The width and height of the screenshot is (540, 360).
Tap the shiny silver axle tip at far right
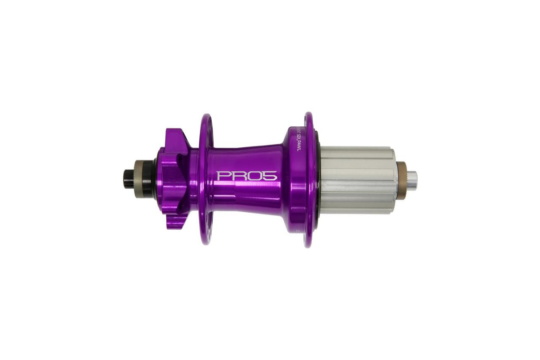pos(411,180)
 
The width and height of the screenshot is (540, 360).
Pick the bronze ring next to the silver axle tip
pos(401,180)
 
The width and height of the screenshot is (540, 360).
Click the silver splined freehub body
pos(356,180)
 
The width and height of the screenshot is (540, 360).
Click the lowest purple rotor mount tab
pos(176,220)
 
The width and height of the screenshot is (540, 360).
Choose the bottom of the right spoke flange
pos(309,243)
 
